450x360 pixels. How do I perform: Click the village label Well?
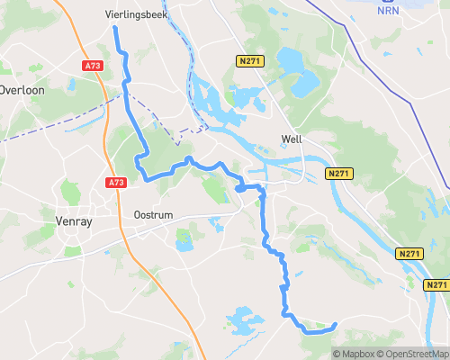tap(292, 139)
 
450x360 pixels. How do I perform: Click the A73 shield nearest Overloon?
tap(92, 66)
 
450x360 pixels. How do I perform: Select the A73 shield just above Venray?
tap(115, 183)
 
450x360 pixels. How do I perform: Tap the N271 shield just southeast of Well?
tap(338, 173)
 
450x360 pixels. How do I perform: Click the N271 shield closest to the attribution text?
tap(437, 285)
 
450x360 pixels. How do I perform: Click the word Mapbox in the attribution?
tap(358, 354)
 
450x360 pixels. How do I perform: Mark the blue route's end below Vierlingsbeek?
tap(114, 28)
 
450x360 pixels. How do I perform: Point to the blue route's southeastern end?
tap(335, 324)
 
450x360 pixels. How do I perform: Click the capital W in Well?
tap(285, 139)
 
